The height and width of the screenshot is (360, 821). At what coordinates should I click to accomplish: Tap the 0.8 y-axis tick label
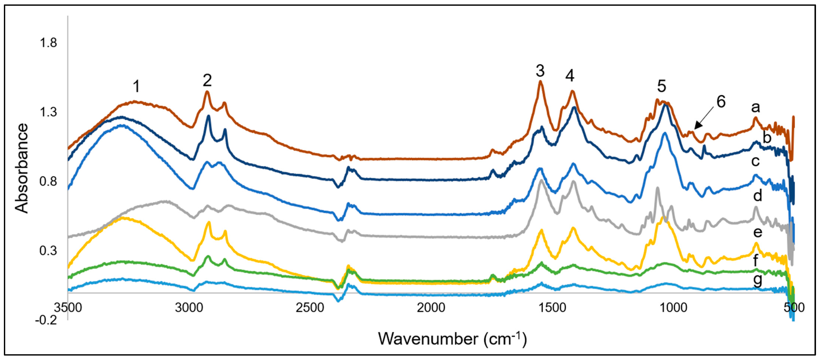coord(48,181)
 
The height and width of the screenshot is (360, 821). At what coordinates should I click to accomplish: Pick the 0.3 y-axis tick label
coord(48,251)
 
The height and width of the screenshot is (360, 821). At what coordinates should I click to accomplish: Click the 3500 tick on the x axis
coord(68,308)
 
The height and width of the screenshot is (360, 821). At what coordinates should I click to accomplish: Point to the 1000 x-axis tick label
coord(673,308)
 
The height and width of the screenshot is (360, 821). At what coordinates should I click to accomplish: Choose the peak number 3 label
coord(540,71)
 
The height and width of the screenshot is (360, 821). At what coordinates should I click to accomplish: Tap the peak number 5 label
coord(662,86)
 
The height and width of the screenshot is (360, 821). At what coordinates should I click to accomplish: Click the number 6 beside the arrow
coord(721,102)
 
